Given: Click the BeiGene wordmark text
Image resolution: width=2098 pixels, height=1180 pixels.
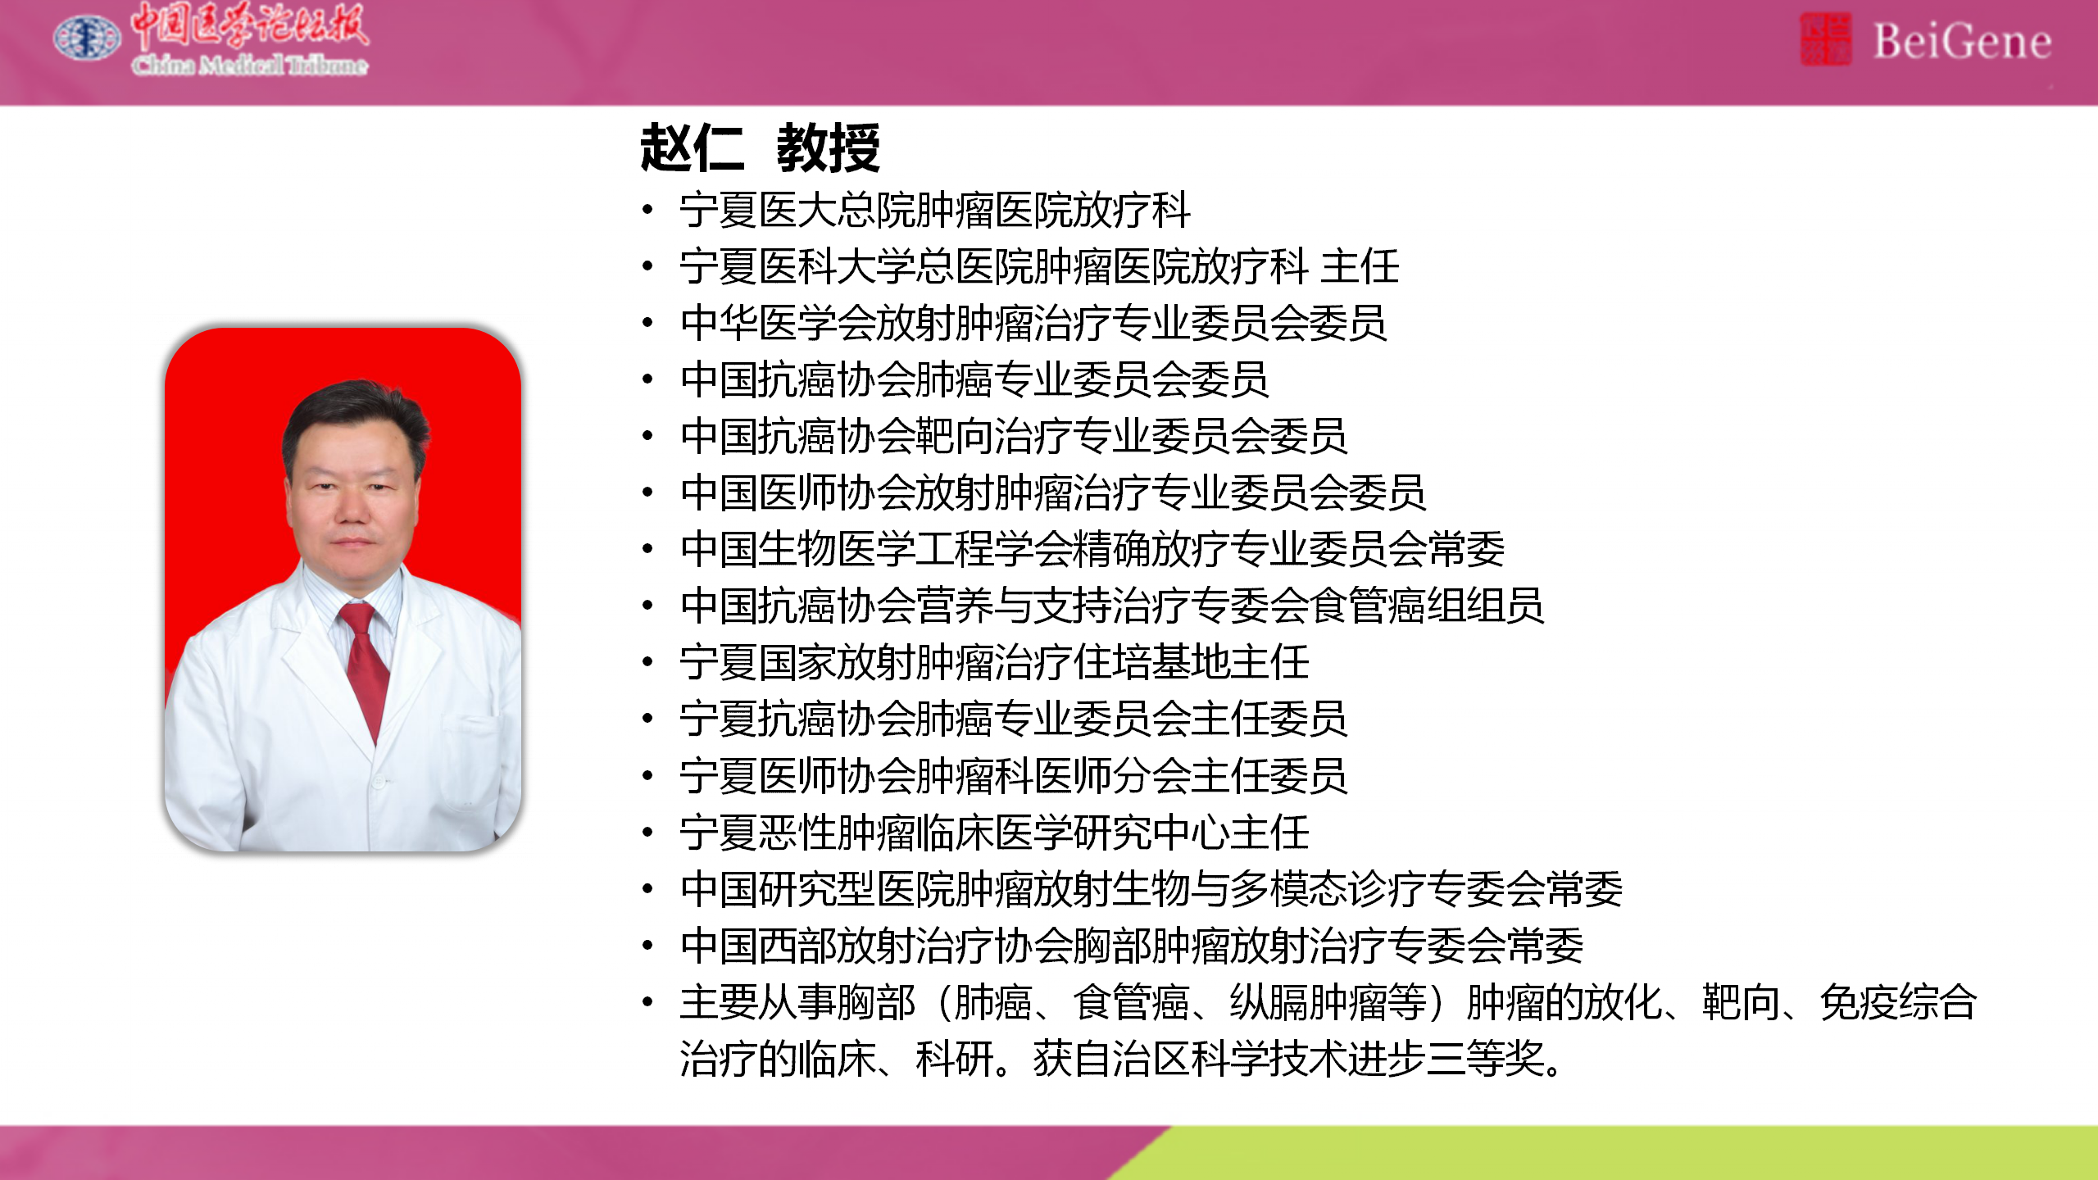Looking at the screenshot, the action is tap(1962, 41).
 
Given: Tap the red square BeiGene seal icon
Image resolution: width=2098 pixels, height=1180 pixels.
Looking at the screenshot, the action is tap(1825, 39).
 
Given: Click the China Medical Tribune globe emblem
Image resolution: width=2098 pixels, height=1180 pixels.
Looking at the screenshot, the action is tap(87, 38).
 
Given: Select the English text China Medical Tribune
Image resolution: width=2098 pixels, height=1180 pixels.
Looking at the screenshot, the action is tap(250, 64).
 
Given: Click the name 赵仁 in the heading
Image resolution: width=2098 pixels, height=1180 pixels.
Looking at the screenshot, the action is tap(693, 148).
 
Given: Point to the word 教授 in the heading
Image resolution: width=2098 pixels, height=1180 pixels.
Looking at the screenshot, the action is tap(829, 148).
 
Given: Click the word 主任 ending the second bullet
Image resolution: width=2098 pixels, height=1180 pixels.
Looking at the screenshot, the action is tap(1360, 266).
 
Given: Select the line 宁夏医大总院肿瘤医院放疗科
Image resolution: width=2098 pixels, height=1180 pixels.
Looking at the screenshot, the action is tap(935, 210).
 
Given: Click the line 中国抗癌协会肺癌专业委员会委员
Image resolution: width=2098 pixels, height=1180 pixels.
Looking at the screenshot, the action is tap(974, 379).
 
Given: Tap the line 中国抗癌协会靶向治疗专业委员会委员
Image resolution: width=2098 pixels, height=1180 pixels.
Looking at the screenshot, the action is tap(1014, 436).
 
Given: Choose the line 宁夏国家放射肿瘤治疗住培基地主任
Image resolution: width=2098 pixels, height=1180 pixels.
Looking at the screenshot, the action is tap(994, 662).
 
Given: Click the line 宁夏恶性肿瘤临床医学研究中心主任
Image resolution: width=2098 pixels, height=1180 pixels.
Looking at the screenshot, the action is tap(994, 833).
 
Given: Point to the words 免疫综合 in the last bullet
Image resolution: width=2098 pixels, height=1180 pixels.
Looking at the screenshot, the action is tap(1898, 1002).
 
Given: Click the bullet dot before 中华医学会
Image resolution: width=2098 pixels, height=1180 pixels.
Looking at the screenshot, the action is tap(647, 323).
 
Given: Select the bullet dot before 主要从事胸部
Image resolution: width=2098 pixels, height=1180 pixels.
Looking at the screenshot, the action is tap(647, 1002).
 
